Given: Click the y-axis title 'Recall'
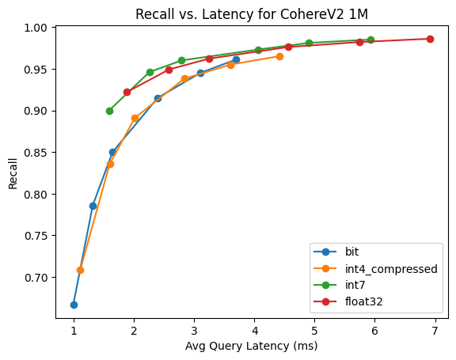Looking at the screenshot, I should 13,172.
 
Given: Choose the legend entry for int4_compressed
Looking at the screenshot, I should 373,269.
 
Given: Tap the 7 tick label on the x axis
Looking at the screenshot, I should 435,331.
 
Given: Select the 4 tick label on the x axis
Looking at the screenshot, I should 254,331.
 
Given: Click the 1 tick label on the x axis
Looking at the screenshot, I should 74,331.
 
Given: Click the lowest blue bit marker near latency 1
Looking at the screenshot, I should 74,305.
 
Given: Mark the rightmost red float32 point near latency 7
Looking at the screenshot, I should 430,39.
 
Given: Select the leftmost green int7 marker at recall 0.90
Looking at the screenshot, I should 109,111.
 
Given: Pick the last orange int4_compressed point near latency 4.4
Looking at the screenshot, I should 279,56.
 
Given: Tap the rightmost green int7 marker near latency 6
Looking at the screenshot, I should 370,40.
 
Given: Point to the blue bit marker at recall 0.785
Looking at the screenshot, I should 93,206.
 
